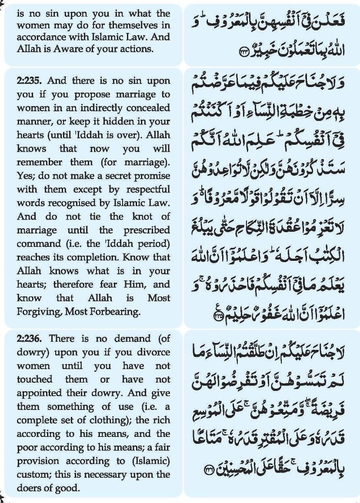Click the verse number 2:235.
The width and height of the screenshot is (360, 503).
coord(30,81)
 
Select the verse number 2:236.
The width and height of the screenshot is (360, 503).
coord(30,339)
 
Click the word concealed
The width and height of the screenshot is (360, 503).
coord(148,108)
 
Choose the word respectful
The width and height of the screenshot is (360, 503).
coord(148,190)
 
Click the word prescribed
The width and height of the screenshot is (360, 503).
coord(147,230)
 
